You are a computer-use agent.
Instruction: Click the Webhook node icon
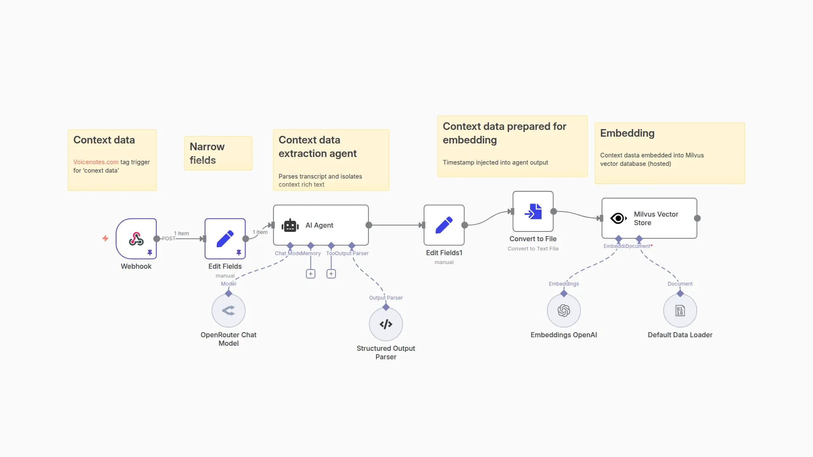coord(136,239)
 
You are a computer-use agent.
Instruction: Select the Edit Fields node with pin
coord(225,239)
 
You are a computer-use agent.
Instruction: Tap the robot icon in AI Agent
coord(290,226)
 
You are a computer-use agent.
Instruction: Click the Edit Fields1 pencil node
coord(444,225)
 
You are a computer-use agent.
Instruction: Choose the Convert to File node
coord(533,211)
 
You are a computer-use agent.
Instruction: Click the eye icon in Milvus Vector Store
coord(618,218)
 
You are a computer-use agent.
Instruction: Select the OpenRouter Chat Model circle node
coord(228,311)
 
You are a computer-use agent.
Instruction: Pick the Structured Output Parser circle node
coord(386,324)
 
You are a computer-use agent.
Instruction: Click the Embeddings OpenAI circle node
coord(564,311)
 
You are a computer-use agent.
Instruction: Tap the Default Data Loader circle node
coord(680,311)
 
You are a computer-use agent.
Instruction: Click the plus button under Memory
coord(311,274)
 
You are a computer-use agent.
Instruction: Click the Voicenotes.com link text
coord(96,162)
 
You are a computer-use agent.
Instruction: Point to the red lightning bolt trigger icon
coord(105,239)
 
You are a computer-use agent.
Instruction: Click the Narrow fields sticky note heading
coord(207,153)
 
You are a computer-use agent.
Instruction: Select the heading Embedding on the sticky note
coord(627,133)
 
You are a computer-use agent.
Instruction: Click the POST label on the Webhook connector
coord(168,239)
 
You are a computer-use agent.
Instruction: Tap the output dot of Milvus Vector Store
coord(697,218)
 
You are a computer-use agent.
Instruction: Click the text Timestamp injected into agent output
coord(495,162)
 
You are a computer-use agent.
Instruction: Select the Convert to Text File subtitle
coord(533,249)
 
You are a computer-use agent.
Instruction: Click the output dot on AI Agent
coord(369,225)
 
